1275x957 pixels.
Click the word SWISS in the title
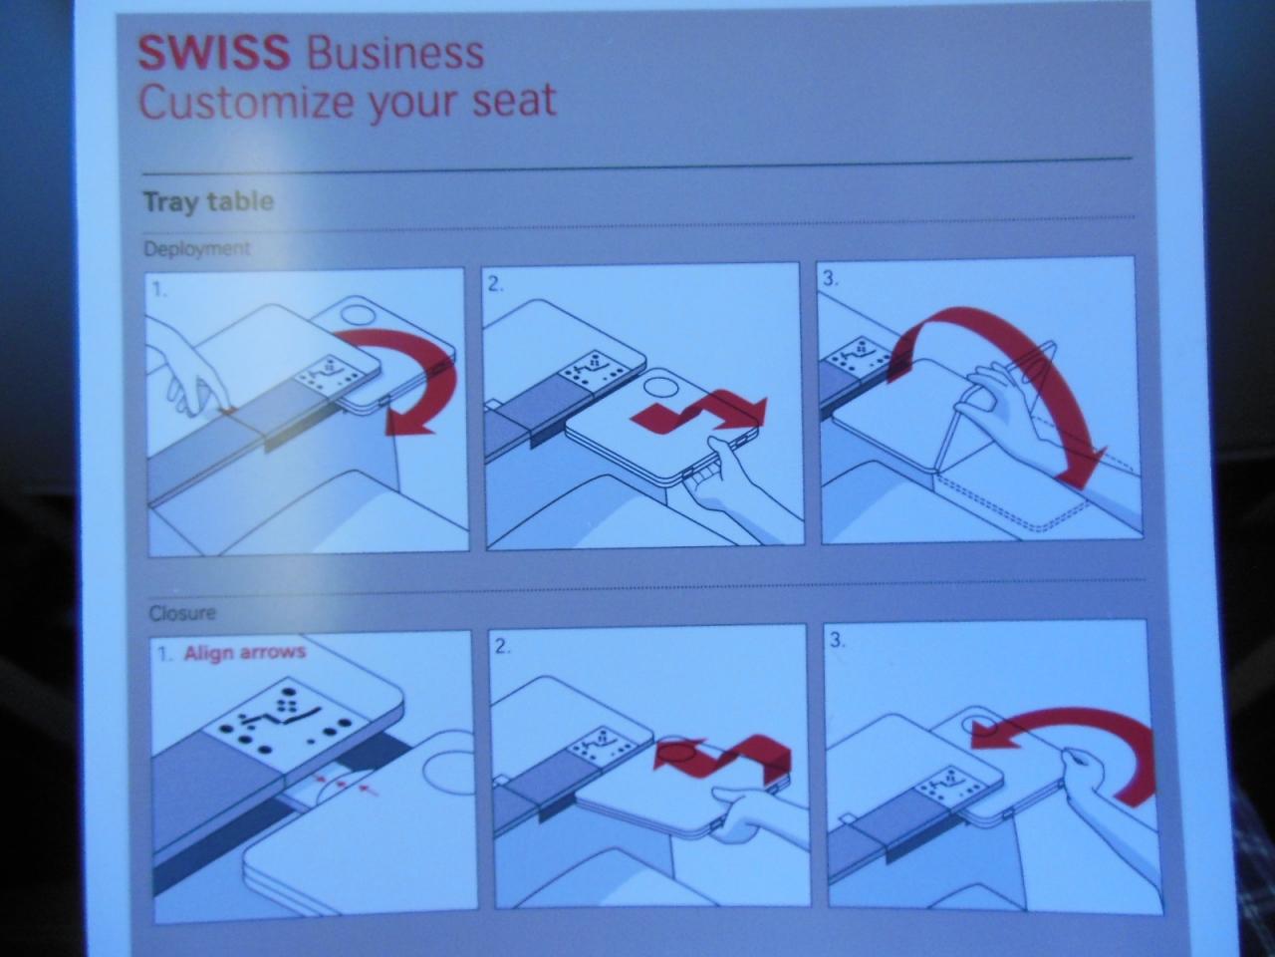coord(214,52)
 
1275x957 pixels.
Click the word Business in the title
coord(395,54)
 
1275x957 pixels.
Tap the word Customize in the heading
coord(246,101)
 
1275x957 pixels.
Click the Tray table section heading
coord(208,201)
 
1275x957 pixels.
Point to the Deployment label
coord(197,248)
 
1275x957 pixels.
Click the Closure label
coord(182,613)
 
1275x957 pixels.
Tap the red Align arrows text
coord(245,652)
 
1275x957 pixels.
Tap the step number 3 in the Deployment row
coord(831,279)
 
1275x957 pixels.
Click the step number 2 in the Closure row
coord(503,647)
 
